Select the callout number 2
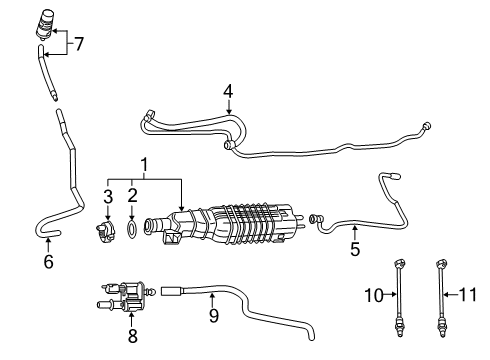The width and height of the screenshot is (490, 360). pyautogui.click(x=131, y=193)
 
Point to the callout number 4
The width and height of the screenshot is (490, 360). pyautogui.click(x=228, y=92)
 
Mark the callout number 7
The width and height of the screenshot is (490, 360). pyautogui.click(x=79, y=43)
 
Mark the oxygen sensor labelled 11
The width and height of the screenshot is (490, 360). pyautogui.click(x=441, y=300)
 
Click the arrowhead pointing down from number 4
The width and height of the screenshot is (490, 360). pyautogui.click(x=228, y=118)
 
